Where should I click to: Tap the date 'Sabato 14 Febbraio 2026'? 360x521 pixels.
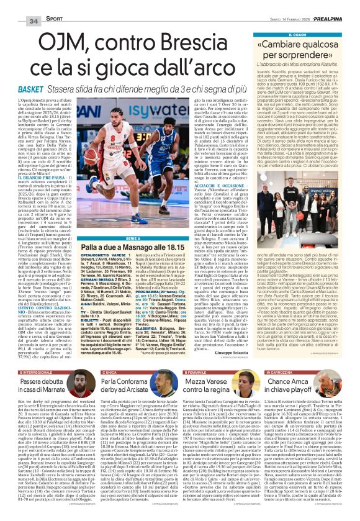tap(283, 6)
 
